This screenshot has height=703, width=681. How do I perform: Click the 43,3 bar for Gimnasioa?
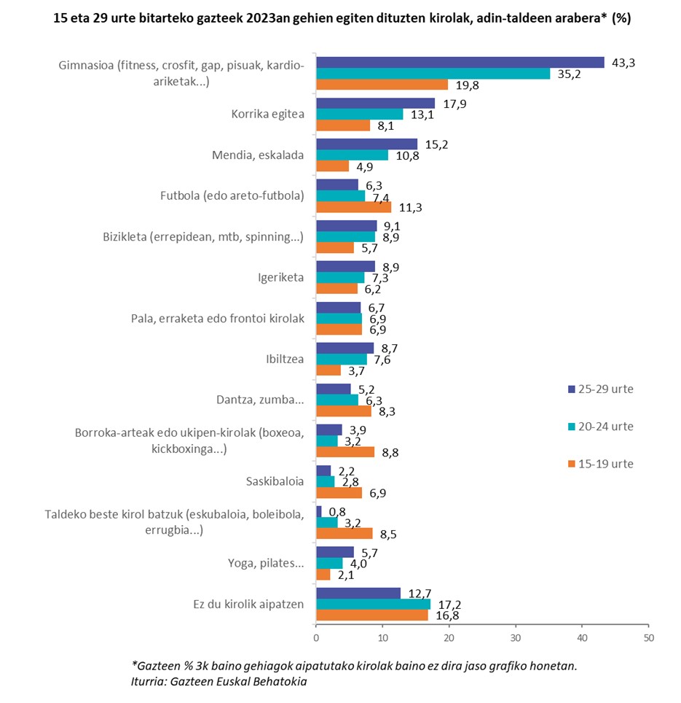click(x=460, y=63)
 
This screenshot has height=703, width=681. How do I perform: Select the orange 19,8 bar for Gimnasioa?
click(x=382, y=85)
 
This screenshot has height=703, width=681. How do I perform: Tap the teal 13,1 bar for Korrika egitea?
click(x=359, y=114)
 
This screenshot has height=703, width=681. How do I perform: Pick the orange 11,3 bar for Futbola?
click(x=353, y=207)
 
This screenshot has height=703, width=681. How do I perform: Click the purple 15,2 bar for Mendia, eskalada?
click(x=366, y=144)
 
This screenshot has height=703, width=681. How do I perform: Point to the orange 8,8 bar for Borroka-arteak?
click(x=345, y=452)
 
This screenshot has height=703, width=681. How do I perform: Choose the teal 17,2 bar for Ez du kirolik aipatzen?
click(x=373, y=604)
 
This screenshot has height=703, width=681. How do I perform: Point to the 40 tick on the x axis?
click(x=581, y=638)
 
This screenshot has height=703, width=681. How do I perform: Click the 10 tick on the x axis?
click(x=382, y=638)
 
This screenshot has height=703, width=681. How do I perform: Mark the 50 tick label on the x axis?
click(x=647, y=638)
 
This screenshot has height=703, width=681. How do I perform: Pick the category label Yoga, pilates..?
click(x=267, y=563)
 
